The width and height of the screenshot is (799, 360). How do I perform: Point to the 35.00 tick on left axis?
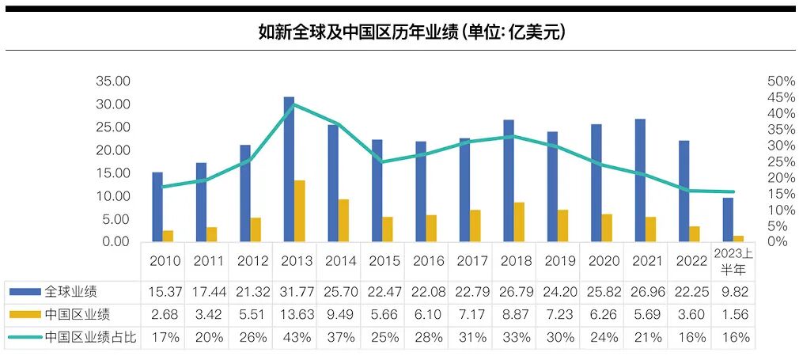tap(112, 81)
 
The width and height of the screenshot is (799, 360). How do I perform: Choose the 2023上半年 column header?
tap(733, 261)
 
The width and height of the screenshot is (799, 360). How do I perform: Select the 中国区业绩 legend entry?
tap(76, 314)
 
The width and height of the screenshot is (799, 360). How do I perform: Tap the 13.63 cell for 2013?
tap(295, 315)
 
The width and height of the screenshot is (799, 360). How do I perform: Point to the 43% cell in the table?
tap(295, 338)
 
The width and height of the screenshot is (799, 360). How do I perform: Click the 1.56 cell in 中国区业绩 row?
tap(733, 315)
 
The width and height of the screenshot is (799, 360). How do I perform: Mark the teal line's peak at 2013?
tap(294, 104)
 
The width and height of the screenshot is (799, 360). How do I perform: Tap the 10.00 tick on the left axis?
tap(112, 195)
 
